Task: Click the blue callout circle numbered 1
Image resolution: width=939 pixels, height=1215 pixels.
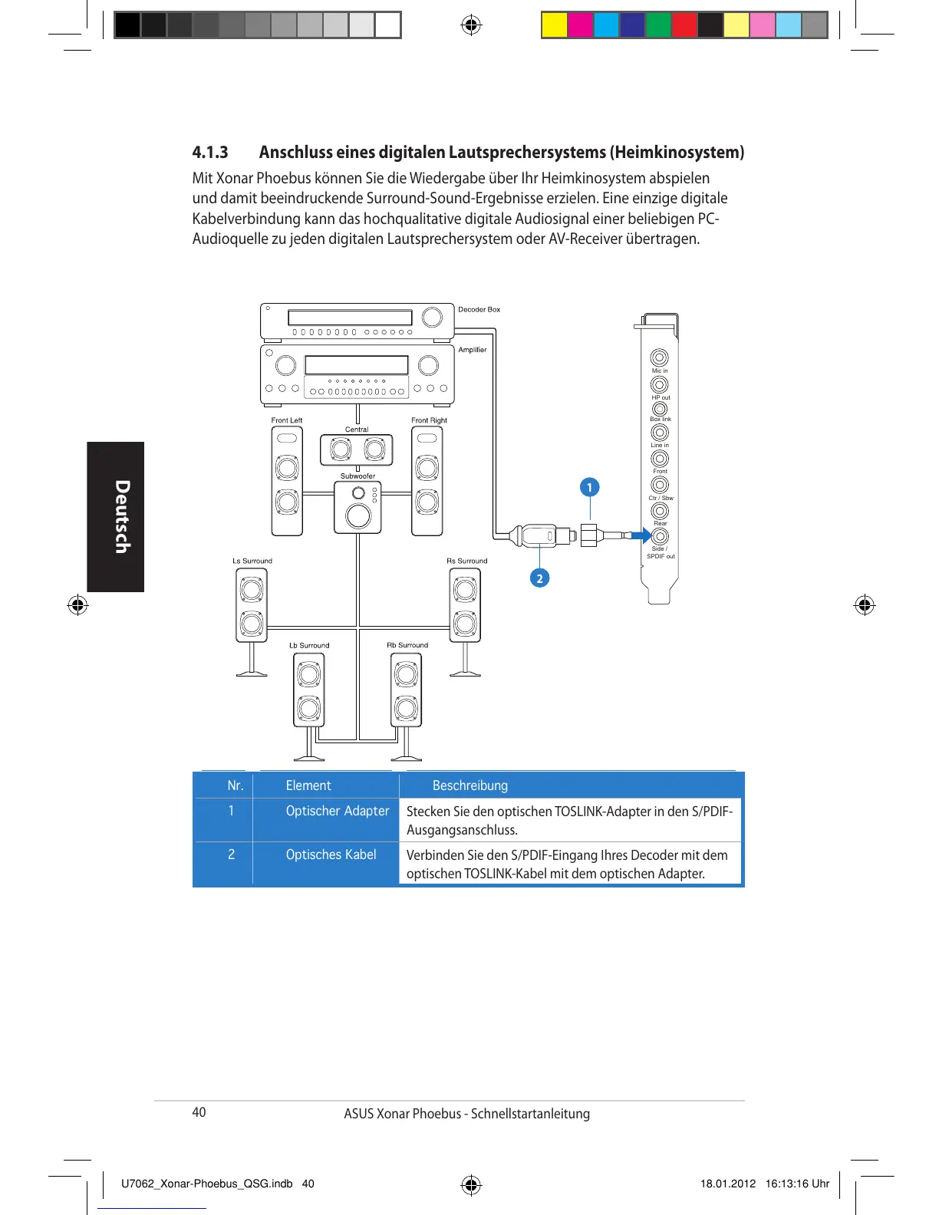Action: [589, 487]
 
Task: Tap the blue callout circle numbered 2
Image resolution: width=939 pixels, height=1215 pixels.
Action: [539, 578]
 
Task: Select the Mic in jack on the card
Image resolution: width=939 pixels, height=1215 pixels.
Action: [659, 357]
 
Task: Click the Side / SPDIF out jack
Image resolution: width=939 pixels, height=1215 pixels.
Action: [659, 536]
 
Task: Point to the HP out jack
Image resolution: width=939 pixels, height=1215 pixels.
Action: [659, 384]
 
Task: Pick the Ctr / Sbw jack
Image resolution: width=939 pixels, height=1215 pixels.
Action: [659, 485]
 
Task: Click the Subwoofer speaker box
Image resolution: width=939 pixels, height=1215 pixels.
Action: [358, 506]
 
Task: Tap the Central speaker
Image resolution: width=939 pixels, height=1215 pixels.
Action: [357, 449]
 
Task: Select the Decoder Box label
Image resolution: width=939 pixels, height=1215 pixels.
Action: [479, 310]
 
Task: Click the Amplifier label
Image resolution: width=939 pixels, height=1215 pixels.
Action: [473, 350]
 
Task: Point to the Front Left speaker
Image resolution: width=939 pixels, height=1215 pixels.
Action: [287, 481]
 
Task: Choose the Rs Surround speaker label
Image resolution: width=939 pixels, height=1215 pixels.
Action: [466, 561]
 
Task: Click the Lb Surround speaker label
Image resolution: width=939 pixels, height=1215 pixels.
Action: [309, 645]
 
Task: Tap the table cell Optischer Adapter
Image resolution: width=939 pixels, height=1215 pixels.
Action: [338, 811]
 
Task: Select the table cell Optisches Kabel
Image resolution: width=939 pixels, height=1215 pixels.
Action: [331, 854]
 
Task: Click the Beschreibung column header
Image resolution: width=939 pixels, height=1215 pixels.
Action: [470, 785]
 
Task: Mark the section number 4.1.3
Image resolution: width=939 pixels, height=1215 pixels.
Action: [210, 152]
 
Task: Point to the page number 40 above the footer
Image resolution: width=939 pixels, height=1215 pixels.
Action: [199, 1112]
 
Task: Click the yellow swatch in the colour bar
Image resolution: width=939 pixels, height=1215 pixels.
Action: [554, 25]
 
